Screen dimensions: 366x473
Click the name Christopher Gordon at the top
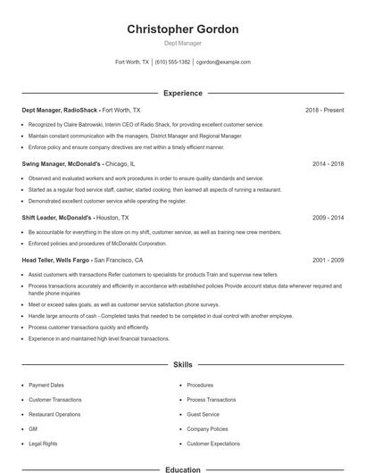tap(183, 29)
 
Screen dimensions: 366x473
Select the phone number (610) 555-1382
tap(172, 62)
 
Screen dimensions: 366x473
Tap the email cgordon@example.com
tap(223, 62)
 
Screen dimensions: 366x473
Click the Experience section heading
tap(183, 93)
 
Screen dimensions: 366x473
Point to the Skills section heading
tap(183, 365)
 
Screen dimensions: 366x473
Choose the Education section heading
tap(183, 469)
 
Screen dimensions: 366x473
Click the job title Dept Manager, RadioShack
tap(60, 110)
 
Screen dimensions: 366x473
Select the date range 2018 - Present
tap(324, 110)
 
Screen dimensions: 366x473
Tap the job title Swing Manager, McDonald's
tap(62, 164)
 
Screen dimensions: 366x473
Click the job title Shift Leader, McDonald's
tap(56, 218)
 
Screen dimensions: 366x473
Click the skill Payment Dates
tap(46, 386)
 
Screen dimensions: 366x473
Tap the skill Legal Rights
tap(43, 444)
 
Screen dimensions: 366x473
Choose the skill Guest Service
tap(203, 414)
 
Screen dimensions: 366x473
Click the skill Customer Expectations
tap(212, 444)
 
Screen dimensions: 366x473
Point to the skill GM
tap(33, 429)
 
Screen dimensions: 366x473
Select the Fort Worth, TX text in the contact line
tap(132, 62)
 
